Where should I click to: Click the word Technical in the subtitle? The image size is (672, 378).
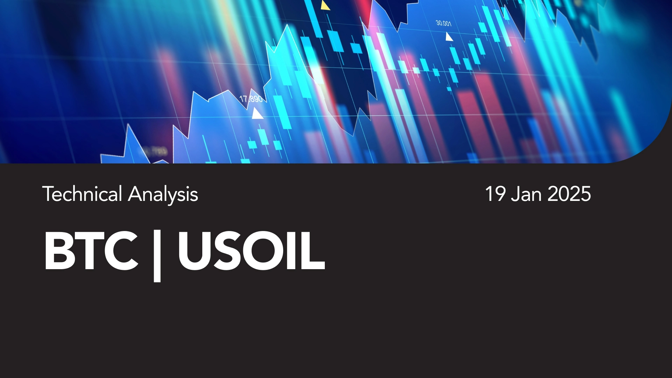82,194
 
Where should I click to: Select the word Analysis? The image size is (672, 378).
163,195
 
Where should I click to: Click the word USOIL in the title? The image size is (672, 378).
252,251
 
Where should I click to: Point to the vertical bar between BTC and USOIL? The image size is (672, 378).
157,255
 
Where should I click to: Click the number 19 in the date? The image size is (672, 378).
495,194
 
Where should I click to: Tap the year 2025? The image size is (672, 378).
569,194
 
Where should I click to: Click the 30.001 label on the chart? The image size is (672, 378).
443,23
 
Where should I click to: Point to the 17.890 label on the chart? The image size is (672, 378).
251,99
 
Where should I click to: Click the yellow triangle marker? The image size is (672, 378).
325,5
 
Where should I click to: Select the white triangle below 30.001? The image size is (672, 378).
449,36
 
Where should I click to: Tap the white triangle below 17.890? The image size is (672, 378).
257,113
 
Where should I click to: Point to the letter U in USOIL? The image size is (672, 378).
195,251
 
